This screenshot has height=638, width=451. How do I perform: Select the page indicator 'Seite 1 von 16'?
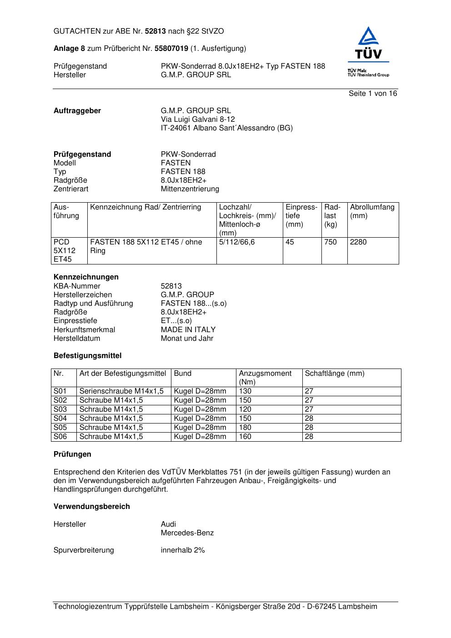(373, 94)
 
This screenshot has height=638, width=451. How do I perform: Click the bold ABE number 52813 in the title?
(155, 31)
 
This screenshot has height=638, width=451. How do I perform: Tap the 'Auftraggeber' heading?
(77, 111)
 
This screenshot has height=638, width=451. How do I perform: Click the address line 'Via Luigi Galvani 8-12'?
(198, 120)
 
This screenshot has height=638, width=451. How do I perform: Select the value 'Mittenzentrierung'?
(190, 189)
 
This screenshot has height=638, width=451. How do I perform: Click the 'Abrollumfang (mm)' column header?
(372, 211)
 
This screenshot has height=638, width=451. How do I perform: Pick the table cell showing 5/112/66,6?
(237, 242)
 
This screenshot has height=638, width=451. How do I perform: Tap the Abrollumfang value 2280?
(358, 242)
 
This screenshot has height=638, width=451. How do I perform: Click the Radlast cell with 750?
(331, 242)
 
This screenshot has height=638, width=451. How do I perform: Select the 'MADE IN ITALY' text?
(188, 330)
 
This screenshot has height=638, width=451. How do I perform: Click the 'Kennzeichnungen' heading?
(86, 277)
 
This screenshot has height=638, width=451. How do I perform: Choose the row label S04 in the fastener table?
(60, 419)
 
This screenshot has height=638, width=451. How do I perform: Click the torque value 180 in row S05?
(245, 428)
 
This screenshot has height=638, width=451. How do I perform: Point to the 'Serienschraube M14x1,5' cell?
(121, 391)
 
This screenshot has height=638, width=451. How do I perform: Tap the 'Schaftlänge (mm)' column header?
(335, 374)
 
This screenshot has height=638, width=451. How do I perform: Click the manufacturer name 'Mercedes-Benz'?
(187, 533)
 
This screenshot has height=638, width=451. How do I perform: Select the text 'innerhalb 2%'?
(183, 550)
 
